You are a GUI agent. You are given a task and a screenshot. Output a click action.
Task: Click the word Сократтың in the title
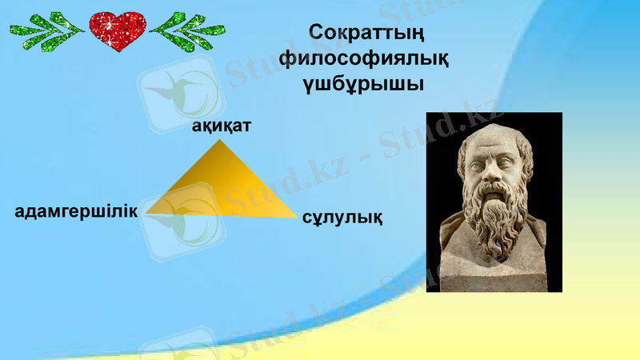(x=365, y=34)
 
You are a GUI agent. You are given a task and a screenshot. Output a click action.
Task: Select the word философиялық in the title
(x=365, y=58)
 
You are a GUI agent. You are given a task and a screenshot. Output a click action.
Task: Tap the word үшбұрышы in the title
(x=365, y=83)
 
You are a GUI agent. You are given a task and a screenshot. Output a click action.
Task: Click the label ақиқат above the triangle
(x=222, y=126)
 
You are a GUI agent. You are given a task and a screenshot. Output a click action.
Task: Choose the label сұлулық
(x=342, y=216)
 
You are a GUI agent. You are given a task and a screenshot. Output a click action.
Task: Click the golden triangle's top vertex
(x=220, y=142)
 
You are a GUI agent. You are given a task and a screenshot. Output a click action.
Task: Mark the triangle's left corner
(x=146, y=213)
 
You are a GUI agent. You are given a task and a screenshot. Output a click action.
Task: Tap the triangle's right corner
(x=296, y=217)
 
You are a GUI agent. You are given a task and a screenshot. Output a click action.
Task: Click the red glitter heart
(x=118, y=30)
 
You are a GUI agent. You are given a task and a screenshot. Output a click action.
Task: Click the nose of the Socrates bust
(x=490, y=177)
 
